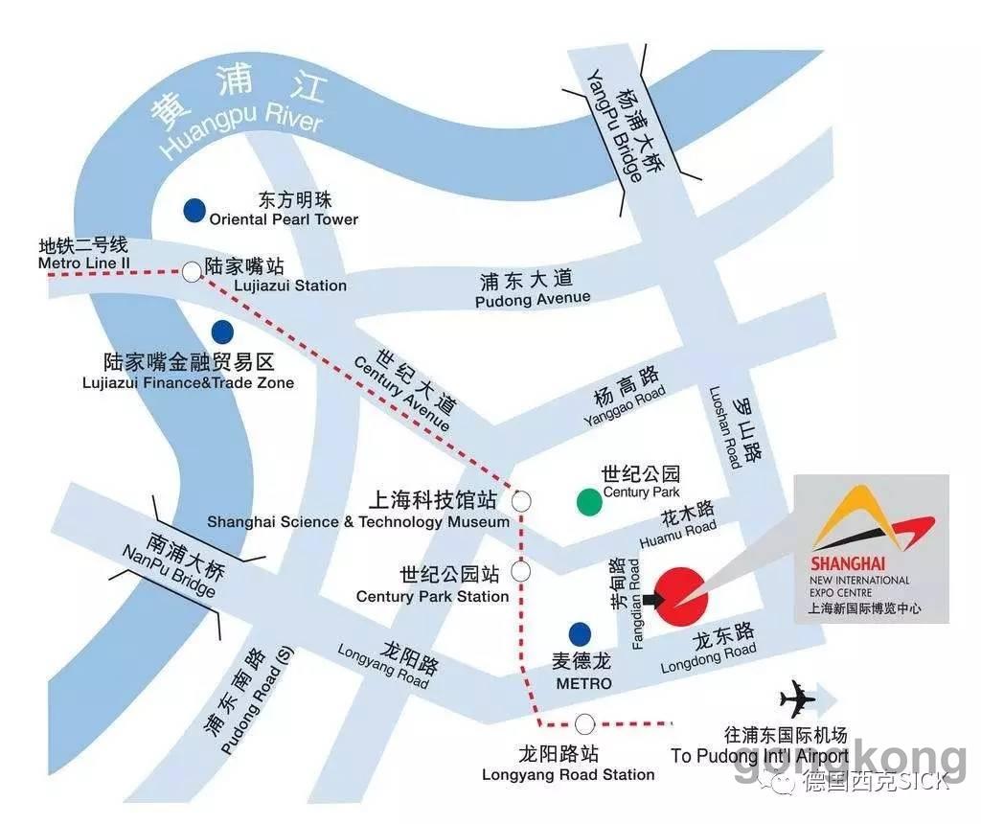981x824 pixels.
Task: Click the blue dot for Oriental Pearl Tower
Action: pyautogui.click(x=195, y=209)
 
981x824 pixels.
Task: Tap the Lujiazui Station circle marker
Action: pyautogui.click(x=192, y=272)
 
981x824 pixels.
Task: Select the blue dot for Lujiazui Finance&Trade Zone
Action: pyautogui.click(x=222, y=332)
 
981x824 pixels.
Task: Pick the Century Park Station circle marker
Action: pyautogui.click(x=521, y=572)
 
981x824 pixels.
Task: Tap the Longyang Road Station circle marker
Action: pyautogui.click(x=584, y=723)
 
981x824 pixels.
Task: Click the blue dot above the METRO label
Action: pyautogui.click(x=580, y=633)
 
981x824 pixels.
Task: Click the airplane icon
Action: pyautogui.click(x=796, y=699)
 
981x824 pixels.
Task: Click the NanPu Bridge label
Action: pyautogui.click(x=168, y=569)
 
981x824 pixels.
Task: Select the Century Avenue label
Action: pyautogui.click(x=401, y=393)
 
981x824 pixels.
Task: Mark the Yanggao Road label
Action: pyautogui.click(x=624, y=408)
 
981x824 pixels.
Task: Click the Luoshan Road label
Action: pyautogui.click(x=724, y=426)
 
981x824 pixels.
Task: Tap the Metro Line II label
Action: pyautogui.click(x=82, y=263)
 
